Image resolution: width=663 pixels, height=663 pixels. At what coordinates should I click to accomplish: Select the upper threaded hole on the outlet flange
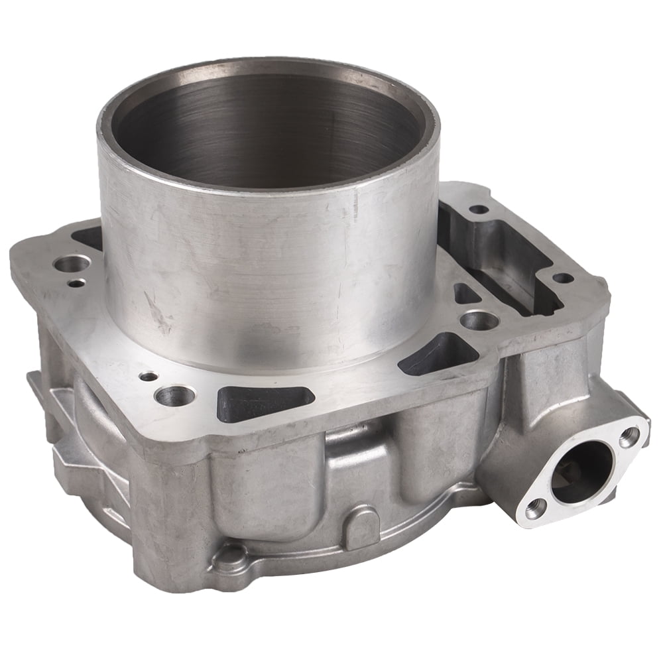coord(629,436)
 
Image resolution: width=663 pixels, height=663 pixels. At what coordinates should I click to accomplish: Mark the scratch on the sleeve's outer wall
coord(159,312)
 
